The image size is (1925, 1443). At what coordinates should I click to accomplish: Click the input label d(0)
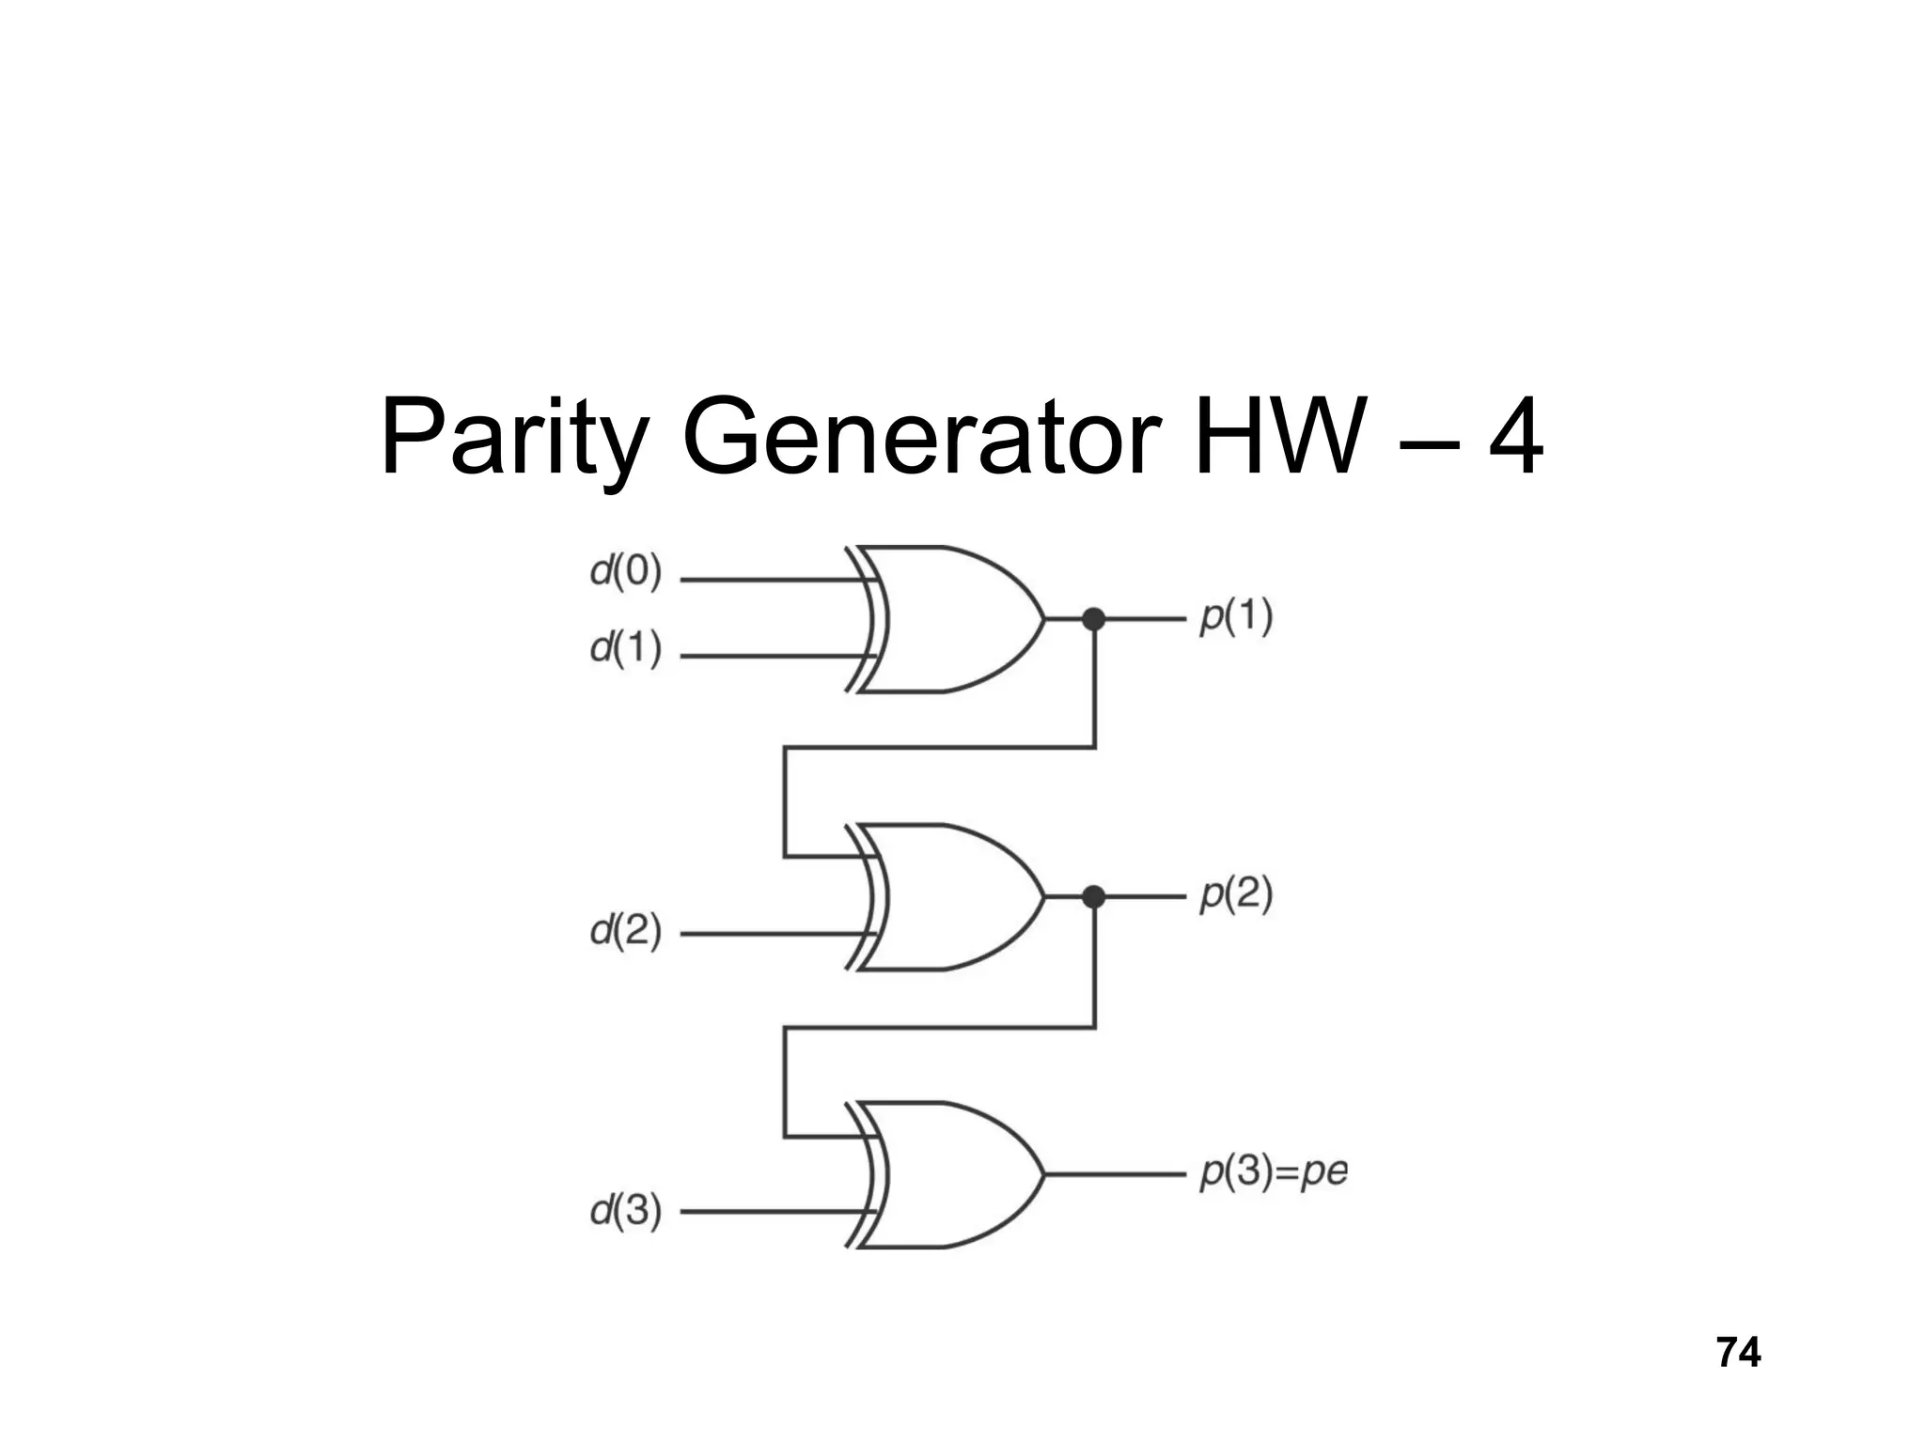(x=626, y=571)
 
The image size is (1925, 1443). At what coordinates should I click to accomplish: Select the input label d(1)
(x=626, y=648)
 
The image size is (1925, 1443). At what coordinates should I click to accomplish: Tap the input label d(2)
(x=626, y=930)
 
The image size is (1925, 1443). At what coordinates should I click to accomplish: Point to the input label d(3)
(x=626, y=1210)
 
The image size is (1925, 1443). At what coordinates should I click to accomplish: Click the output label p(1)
(x=1236, y=618)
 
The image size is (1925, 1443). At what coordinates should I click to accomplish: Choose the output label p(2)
(x=1236, y=895)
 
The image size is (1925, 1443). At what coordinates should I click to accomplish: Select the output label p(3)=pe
(x=1274, y=1172)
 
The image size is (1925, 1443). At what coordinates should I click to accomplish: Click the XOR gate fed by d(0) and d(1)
(x=949, y=619)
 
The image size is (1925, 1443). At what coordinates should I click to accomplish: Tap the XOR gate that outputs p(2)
(x=949, y=897)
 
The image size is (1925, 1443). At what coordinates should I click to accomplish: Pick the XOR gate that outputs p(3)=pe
(x=949, y=1174)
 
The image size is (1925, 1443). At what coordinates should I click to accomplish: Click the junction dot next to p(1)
(x=1093, y=619)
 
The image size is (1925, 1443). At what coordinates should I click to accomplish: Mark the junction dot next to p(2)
(x=1093, y=897)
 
